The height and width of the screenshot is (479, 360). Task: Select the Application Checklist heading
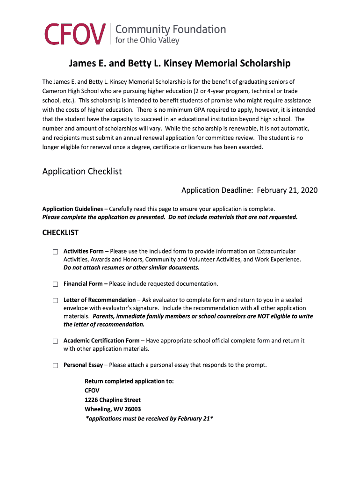pos(82,171)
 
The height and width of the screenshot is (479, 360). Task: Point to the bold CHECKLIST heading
pos(60,232)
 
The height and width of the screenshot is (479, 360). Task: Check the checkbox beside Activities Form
pos(55,252)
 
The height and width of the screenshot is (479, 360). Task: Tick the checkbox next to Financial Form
pos(55,284)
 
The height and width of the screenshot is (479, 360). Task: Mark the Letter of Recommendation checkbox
pos(55,300)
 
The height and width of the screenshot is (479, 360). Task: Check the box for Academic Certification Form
pos(55,341)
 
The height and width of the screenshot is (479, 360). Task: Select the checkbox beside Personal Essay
pos(55,365)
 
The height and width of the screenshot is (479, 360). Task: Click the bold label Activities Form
pos(84,251)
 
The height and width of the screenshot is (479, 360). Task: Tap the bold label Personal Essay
pos(83,365)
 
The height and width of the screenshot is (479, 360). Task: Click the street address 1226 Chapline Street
pos(113,400)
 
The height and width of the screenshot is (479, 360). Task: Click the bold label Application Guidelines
pos(72,209)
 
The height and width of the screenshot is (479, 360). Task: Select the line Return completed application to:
pos(129,381)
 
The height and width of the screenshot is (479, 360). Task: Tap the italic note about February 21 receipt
pos(150,419)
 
